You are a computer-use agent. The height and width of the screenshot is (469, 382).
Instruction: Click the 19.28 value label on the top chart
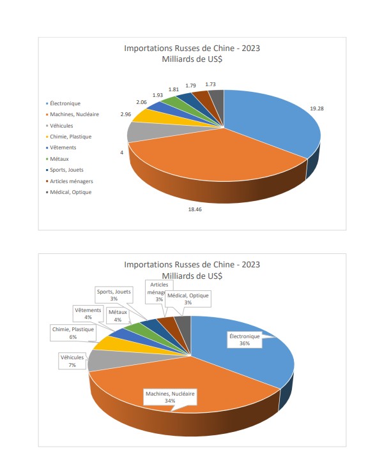coord(317,108)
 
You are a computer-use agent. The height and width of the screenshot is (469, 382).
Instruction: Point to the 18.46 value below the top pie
coord(195,209)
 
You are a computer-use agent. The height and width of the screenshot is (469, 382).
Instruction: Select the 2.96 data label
coord(126,114)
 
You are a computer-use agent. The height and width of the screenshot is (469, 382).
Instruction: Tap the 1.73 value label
coord(210,84)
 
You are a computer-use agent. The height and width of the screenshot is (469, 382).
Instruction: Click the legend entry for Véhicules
coord(59,126)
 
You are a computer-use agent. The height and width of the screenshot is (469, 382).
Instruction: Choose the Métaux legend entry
coord(57,159)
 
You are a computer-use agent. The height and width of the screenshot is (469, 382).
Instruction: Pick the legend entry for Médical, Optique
coord(68,192)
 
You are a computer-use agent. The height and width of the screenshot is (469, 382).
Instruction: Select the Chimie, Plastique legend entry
coord(68,137)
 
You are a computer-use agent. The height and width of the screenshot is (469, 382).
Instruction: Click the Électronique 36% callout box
coord(245,339)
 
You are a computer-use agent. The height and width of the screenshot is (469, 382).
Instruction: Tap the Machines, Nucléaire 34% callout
coord(170,397)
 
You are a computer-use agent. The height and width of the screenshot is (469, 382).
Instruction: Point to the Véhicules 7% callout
coord(72,361)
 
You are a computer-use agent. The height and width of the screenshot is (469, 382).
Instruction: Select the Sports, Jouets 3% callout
coord(114,295)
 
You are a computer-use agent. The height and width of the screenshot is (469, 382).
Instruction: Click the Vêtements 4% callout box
coord(88,313)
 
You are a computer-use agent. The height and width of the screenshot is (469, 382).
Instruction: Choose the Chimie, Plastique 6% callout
coord(73,333)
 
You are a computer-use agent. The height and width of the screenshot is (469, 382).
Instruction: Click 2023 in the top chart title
coord(251,48)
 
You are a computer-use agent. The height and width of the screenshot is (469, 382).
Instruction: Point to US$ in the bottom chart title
coord(214,276)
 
